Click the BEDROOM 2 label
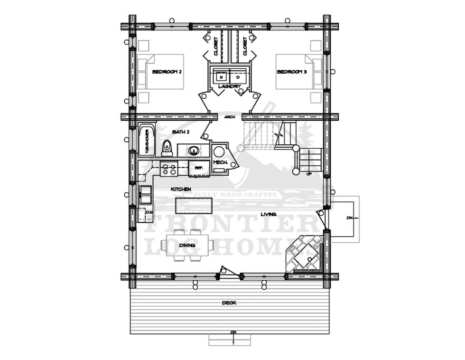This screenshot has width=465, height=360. pyautogui.click(x=167, y=72)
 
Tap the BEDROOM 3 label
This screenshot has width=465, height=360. pyautogui.click(x=292, y=72)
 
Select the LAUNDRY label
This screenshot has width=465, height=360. pyautogui.click(x=230, y=86)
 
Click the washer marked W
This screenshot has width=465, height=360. pyautogui.click(x=221, y=76)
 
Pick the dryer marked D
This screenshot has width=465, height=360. pyautogui.click(x=238, y=76)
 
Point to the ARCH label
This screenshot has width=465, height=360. pyautogui.click(x=230, y=117)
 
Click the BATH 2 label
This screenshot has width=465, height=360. pyautogui.click(x=181, y=132)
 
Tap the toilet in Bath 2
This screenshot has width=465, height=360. pyautogui.click(x=167, y=148)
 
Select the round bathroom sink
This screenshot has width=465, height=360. pyautogui.click(x=194, y=151)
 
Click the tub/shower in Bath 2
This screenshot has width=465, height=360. pyautogui.click(x=146, y=140)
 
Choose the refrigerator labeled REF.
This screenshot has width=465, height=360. pyautogui.click(x=199, y=168)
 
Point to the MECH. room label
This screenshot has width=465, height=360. pyautogui.click(x=221, y=162)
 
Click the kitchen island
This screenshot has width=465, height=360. pyautogui.click(x=194, y=206)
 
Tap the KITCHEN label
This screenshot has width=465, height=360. pyautogui.click(x=181, y=189)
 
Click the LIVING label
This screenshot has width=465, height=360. pyautogui.click(x=268, y=214)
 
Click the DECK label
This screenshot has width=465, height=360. pyautogui.click(x=229, y=303)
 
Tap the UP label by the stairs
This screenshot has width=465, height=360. pyautogui.click(x=309, y=174)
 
